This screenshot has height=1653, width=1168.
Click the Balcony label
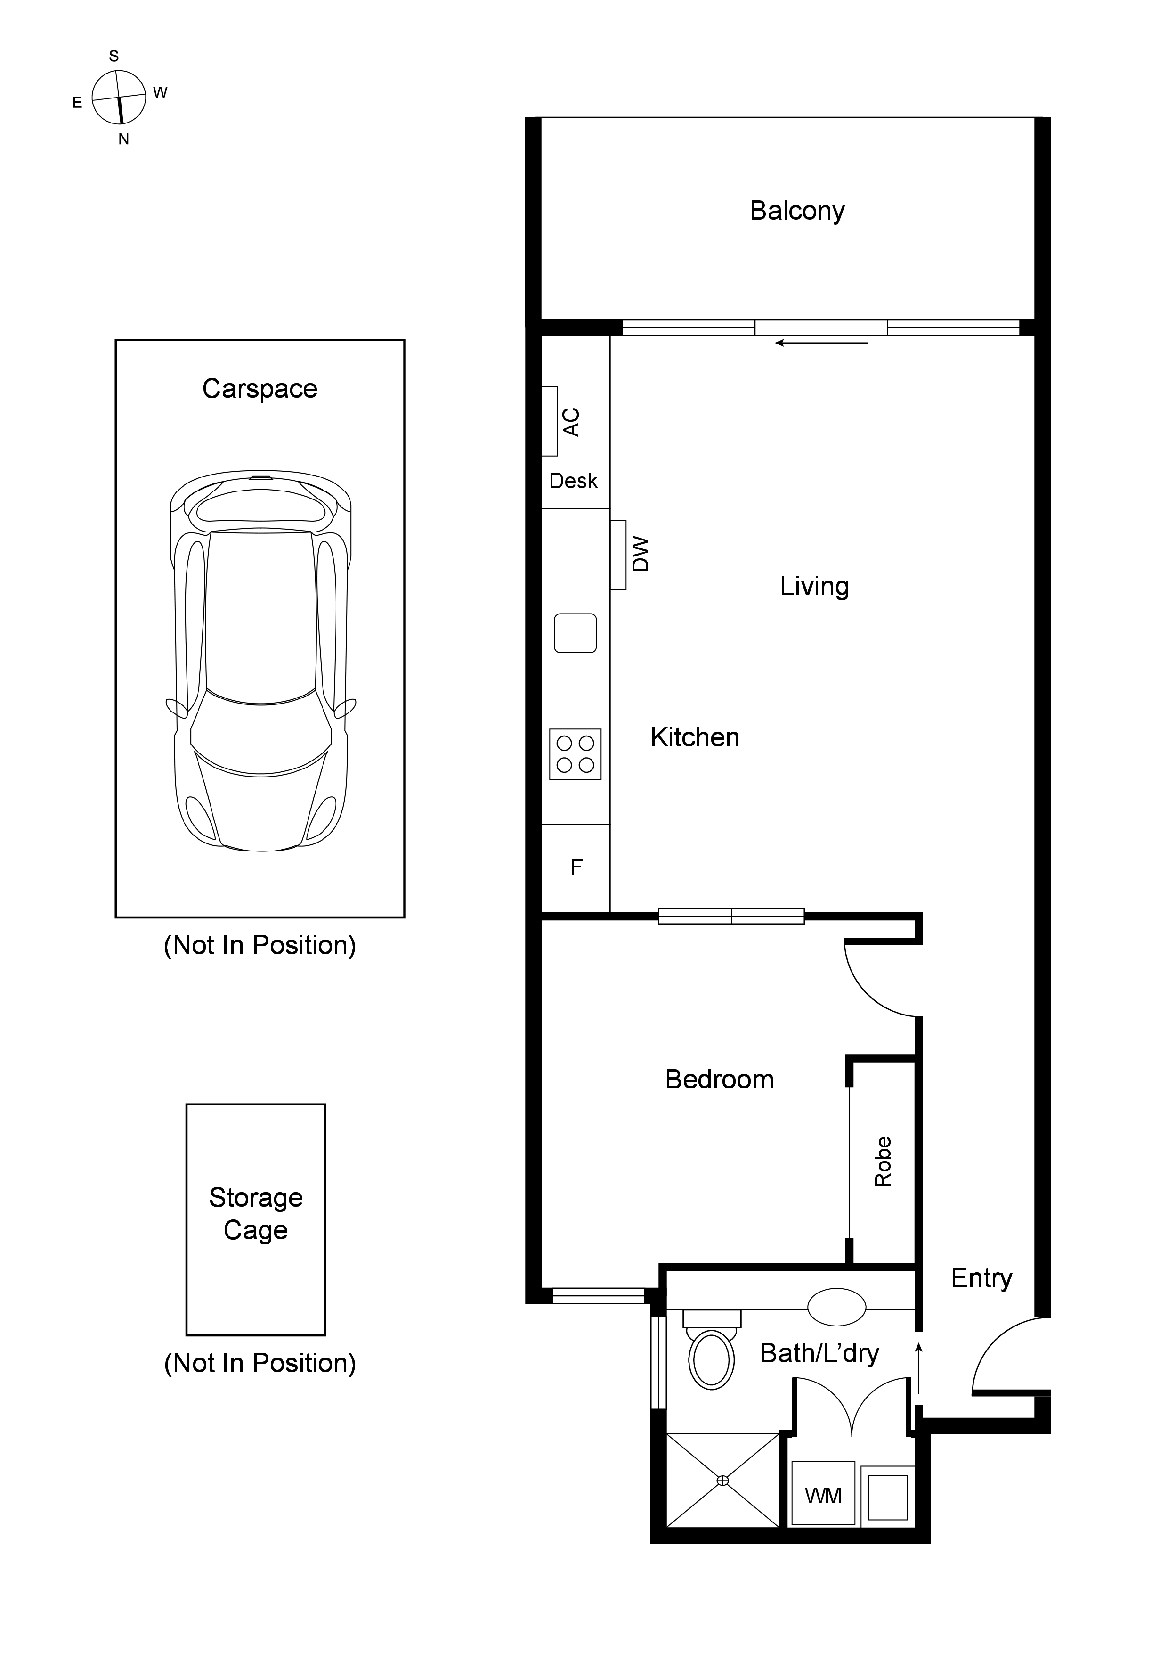pos(797,211)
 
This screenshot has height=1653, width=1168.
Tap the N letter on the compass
pos(124,139)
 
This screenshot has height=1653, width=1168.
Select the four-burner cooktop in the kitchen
pos(575,754)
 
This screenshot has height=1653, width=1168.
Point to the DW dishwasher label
pos(640,554)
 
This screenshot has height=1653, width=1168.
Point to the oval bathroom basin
pos(836,1307)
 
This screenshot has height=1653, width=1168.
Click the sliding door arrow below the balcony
pos(820,344)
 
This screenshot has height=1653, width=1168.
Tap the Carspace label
pos(260,389)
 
